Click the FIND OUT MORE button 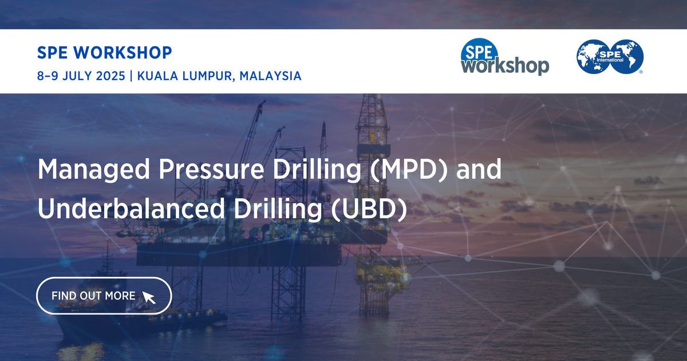104,296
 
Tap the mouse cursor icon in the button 148,297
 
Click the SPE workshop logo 504,58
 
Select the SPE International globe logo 610,57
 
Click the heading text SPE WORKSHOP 104,53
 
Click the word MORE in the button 121,296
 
